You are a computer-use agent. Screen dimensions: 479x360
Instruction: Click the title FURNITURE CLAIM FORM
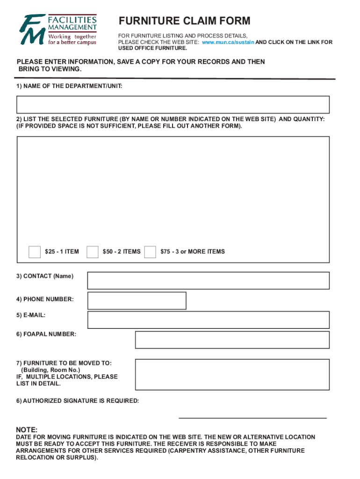point(184,21)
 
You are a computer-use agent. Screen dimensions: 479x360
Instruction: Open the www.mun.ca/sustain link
point(228,42)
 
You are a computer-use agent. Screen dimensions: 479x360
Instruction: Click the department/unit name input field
point(173,105)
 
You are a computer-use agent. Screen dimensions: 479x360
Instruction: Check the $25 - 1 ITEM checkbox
point(35,252)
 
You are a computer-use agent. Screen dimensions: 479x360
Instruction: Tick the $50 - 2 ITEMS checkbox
point(93,252)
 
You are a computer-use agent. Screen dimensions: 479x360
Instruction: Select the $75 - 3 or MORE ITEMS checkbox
point(150,252)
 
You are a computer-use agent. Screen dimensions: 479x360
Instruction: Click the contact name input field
point(209,281)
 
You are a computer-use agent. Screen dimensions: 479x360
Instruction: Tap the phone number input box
point(137,301)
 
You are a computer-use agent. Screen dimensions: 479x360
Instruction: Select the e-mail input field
point(209,320)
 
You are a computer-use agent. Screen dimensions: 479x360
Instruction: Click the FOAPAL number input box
point(232,340)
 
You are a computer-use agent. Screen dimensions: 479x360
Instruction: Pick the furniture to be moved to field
point(232,375)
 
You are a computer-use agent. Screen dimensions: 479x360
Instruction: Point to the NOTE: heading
point(27,430)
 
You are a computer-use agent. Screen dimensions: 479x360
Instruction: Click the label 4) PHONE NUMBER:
point(45,299)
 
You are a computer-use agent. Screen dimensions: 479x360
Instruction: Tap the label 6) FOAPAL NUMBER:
point(46,334)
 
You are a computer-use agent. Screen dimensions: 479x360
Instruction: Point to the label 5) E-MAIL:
point(31,315)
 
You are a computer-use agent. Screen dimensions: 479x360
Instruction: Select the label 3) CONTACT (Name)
point(45,276)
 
